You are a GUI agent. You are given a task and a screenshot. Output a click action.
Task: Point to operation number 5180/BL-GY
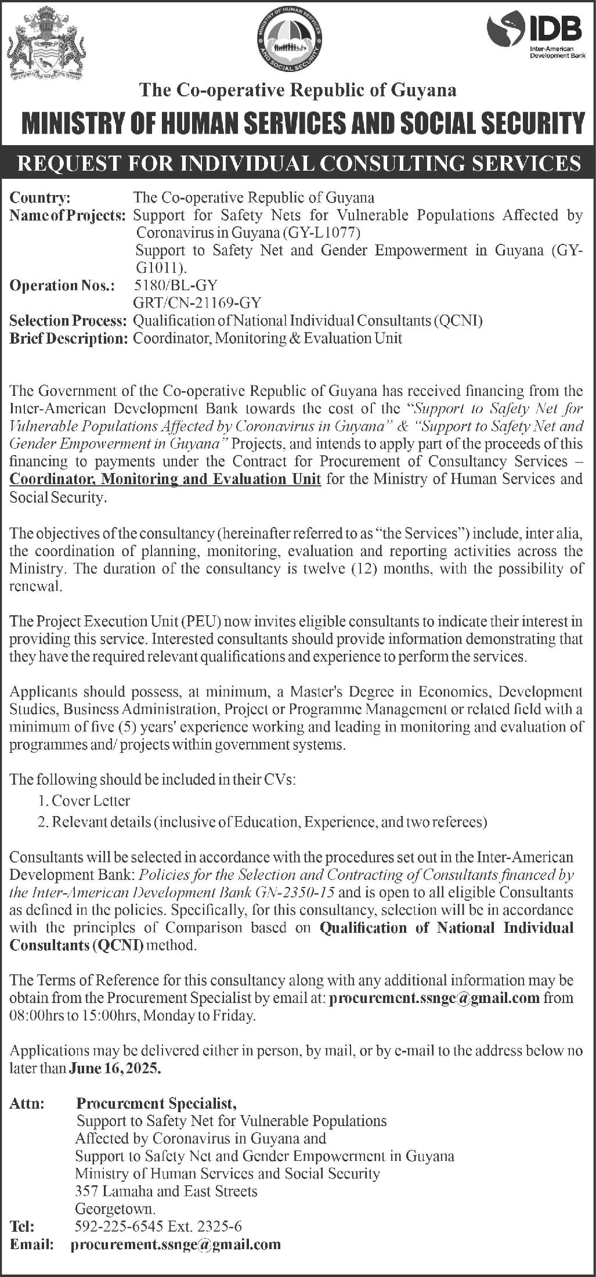175,285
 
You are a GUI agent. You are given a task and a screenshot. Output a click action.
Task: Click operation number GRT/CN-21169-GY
197,302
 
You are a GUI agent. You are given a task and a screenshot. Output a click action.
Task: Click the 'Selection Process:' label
68,320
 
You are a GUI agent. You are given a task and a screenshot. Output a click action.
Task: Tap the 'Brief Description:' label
68,338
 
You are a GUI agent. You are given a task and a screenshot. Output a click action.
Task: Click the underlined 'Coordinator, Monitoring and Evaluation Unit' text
165,479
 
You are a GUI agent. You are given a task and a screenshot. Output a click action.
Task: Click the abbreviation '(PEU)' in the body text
202,622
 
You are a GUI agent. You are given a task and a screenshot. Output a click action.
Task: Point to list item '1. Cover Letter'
84,801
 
